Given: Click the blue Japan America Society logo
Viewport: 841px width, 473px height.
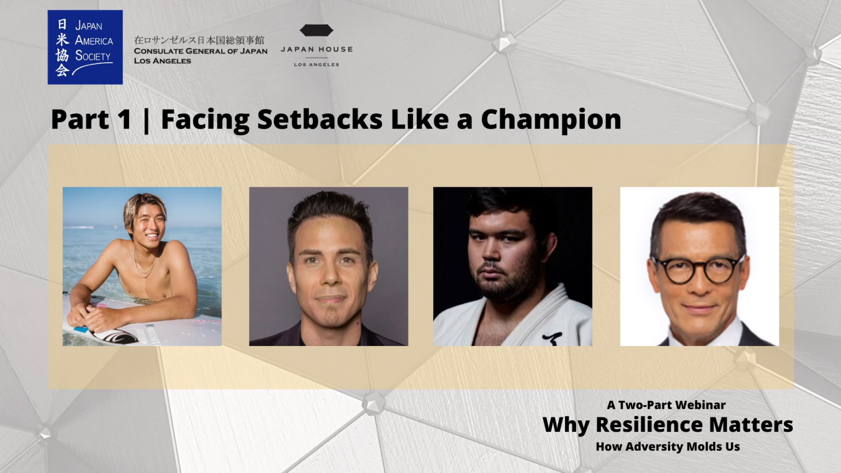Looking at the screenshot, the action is (x=85, y=47).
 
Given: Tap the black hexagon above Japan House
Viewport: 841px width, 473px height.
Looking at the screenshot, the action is (x=316, y=31).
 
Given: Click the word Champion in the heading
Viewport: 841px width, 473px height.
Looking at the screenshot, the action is (x=551, y=120).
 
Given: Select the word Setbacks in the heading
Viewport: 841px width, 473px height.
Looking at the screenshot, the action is (x=320, y=119).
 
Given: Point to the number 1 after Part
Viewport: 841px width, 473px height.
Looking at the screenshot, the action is (x=125, y=119).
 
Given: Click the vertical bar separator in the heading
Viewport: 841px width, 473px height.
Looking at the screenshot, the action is (x=146, y=120).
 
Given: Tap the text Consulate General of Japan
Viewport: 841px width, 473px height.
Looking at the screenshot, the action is (x=201, y=51).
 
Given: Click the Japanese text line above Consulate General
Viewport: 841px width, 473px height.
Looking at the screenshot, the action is (x=199, y=40).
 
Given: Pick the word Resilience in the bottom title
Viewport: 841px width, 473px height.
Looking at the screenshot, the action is (x=649, y=425).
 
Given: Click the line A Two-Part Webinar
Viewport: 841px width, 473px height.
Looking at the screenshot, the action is (x=666, y=405).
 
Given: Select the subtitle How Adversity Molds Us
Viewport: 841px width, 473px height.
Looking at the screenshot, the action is (x=668, y=446).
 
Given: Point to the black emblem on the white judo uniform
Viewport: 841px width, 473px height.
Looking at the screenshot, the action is (x=552, y=338).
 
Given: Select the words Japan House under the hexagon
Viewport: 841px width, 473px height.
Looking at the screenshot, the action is (x=316, y=49).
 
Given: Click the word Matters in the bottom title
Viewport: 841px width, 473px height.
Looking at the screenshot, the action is (x=751, y=425).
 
